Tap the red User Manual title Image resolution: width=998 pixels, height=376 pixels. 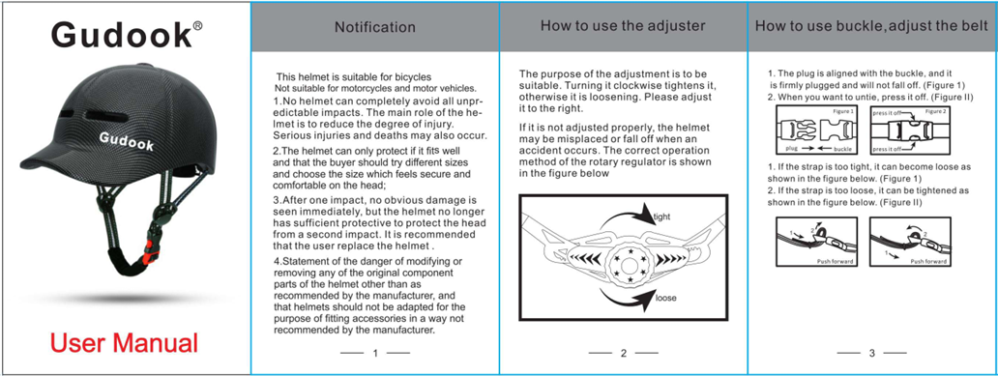(125, 342)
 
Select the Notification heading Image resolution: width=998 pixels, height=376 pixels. (374, 28)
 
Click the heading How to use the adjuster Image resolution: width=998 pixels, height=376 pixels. (623, 26)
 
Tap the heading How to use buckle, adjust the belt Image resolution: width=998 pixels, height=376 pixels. (871, 26)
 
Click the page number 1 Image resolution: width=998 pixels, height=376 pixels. (374, 353)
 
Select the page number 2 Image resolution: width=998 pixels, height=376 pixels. (624, 353)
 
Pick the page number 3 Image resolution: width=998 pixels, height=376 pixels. (871, 353)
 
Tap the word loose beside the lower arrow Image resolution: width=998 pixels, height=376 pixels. (665, 299)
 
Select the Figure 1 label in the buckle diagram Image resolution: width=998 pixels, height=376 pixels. (841, 112)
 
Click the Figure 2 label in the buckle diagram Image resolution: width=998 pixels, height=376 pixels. (935, 112)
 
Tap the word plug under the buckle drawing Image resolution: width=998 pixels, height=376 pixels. (791, 150)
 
